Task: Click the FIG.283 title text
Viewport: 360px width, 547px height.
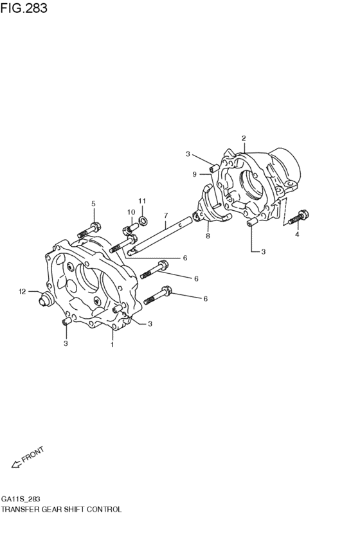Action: pyautogui.click(x=24, y=9)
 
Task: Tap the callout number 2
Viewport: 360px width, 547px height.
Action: pyautogui.click(x=244, y=138)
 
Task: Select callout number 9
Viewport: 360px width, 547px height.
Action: pyautogui.click(x=194, y=174)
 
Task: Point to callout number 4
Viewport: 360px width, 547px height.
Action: pyautogui.click(x=297, y=235)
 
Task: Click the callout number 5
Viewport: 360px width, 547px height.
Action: pyautogui.click(x=93, y=204)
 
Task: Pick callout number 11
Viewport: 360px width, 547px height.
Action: pyautogui.click(x=142, y=201)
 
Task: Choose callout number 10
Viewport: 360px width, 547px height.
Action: pyautogui.click(x=130, y=212)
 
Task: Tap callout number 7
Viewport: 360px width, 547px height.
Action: pyautogui.click(x=165, y=215)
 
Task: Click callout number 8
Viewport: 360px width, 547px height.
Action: pyautogui.click(x=208, y=236)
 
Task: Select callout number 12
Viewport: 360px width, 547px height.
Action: pyautogui.click(x=21, y=292)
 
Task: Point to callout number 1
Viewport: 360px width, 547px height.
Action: pyautogui.click(x=112, y=345)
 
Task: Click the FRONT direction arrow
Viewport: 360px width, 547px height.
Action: pyautogui.click(x=15, y=463)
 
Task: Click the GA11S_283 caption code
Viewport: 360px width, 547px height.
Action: pyautogui.click(x=20, y=498)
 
